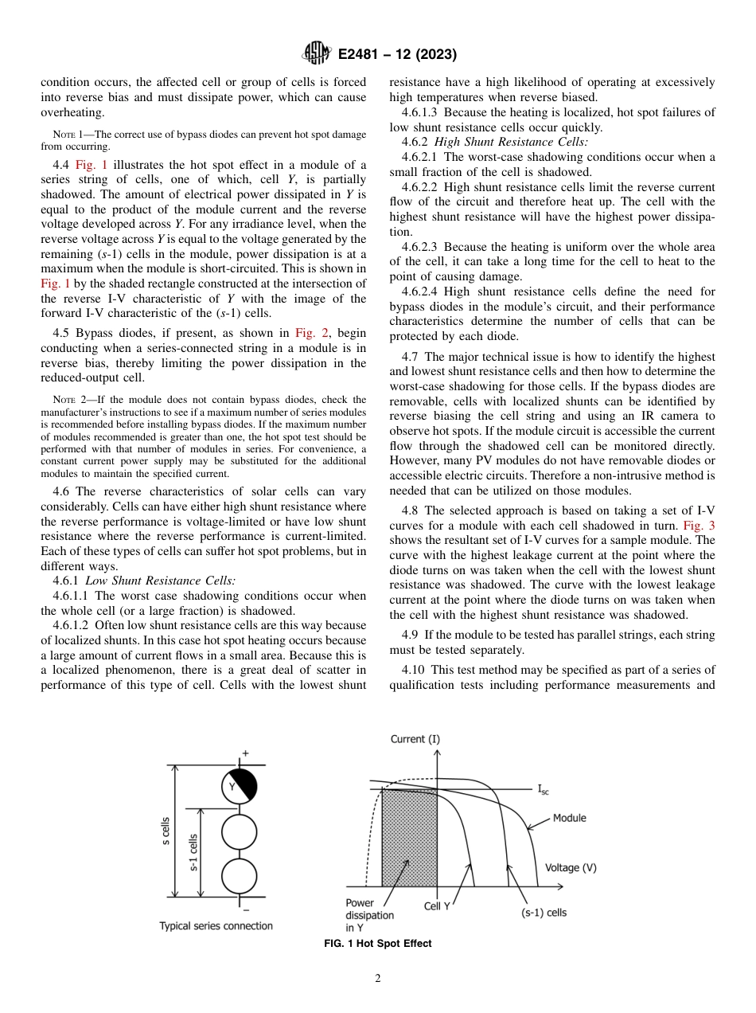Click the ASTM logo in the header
317,54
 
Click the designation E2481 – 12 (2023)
396,55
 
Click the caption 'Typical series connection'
216,925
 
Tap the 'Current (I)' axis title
415,739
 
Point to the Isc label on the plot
543,790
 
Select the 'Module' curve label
569,818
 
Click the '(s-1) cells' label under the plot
544,913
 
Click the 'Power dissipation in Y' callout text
368,915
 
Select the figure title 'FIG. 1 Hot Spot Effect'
378,944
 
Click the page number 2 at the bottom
378,979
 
